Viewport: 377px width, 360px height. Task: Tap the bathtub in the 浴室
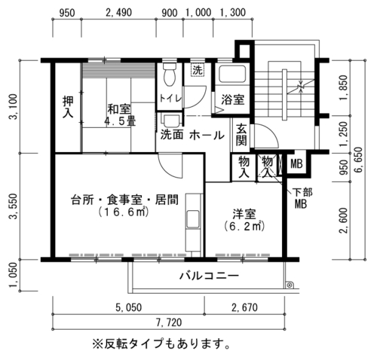click(232, 74)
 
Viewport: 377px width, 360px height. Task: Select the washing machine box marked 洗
click(198, 70)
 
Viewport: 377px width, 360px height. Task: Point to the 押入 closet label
click(68, 107)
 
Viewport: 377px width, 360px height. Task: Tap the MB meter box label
click(296, 164)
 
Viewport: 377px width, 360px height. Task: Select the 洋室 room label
click(244, 214)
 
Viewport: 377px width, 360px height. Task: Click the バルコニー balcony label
click(209, 276)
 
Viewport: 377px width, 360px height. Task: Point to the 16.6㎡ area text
click(123, 212)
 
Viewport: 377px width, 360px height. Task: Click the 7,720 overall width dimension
click(169, 322)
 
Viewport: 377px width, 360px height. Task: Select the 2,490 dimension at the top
click(118, 13)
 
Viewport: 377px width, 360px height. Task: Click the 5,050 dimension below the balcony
click(129, 307)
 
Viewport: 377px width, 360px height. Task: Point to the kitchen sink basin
click(193, 219)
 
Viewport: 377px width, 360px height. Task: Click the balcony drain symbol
click(290, 285)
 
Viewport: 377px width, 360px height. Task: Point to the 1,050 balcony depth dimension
click(14, 276)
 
